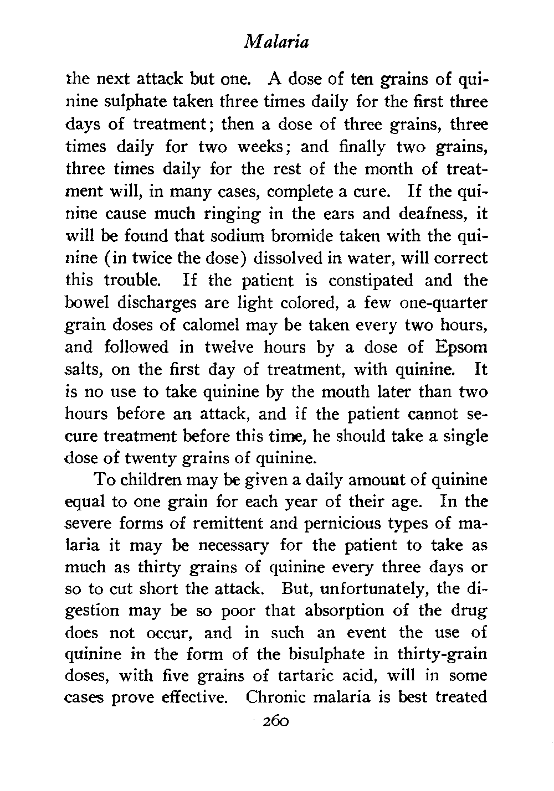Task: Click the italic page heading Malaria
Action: [x=276, y=43]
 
